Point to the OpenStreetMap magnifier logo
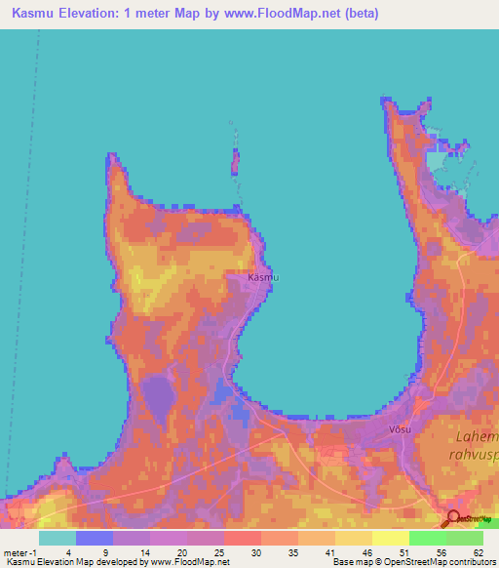(x=453, y=519)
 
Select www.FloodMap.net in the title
(x=276, y=14)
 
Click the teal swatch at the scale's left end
(x=58, y=538)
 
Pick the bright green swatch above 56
(x=428, y=538)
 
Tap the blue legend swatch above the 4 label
(x=95, y=538)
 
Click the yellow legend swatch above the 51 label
(x=391, y=538)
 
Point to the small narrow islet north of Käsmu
(x=234, y=161)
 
